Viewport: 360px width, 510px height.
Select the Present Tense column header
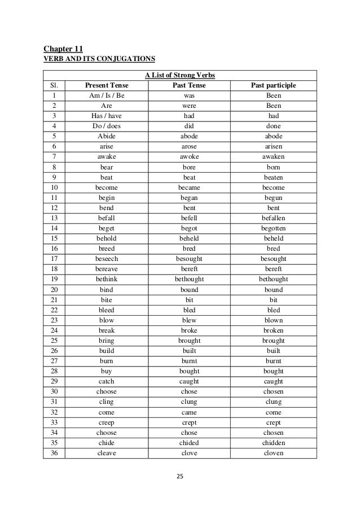pyautogui.click(x=106, y=86)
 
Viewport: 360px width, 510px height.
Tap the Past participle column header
pyautogui.click(x=273, y=86)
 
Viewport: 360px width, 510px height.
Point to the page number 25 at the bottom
pyautogui.click(x=180, y=476)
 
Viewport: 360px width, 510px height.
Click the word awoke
pyautogui.click(x=189, y=157)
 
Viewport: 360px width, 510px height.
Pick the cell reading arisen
pyautogui.click(x=273, y=147)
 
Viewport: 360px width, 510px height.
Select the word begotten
pyautogui.click(x=273, y=228)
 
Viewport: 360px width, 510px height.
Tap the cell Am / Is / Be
pyautogui.click(x=106, y=96)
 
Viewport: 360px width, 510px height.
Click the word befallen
pyautogui.click(x=273, y=218)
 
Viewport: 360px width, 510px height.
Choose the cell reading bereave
pyautogui.click(x=106, y=269)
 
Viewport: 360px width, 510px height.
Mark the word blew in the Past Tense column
pyautogui.click(x=189, y=320)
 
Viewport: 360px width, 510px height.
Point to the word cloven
pyautogui.click(x=273, y=452)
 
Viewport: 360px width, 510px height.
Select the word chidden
pyautogui.click(x=273, y=442)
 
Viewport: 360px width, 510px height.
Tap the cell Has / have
pyautogui.click(x=106, y=116)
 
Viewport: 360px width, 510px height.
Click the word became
pyautogui.click(x=189, y=188)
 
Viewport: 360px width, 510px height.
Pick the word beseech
pyautogui.click(x=106, y=259)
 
